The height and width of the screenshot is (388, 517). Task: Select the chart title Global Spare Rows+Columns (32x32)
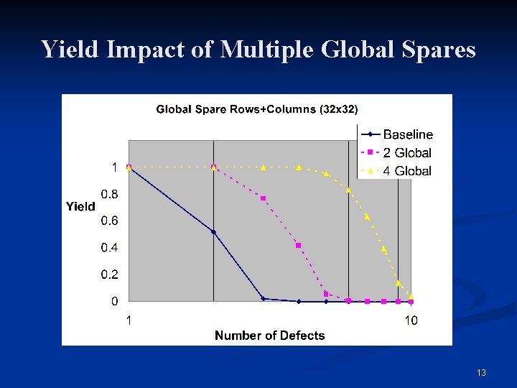(x=257, y=109)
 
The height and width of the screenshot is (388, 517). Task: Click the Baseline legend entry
(x=407, y=134)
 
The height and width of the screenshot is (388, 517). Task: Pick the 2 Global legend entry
(x=407, y=152)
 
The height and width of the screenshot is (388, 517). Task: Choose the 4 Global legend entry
(x=407, y=171)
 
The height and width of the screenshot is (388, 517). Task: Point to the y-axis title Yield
(x=80, y=206)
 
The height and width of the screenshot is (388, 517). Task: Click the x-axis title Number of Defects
(x=269, y=335)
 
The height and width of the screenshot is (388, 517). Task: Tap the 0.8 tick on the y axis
(x=110, y=194)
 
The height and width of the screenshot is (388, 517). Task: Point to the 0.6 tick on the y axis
(x=110, y=221)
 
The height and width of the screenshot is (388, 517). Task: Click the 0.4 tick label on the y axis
(x=110, y=248)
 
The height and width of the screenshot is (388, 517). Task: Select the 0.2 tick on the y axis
(x=110, y=274)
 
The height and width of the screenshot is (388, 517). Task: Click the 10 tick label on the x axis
(x=410, y=320)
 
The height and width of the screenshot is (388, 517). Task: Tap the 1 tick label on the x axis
(x=129, y=320)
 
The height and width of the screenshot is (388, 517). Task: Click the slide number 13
(x=481, y=372)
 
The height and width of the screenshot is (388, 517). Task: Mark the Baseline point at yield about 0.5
(x=213, y=232)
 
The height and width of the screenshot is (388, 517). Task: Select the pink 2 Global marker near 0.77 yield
(x=264, y=198)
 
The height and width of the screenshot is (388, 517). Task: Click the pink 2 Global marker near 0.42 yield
(x=299, y=245)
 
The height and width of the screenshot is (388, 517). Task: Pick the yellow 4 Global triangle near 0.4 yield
(x=384, y=249)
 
